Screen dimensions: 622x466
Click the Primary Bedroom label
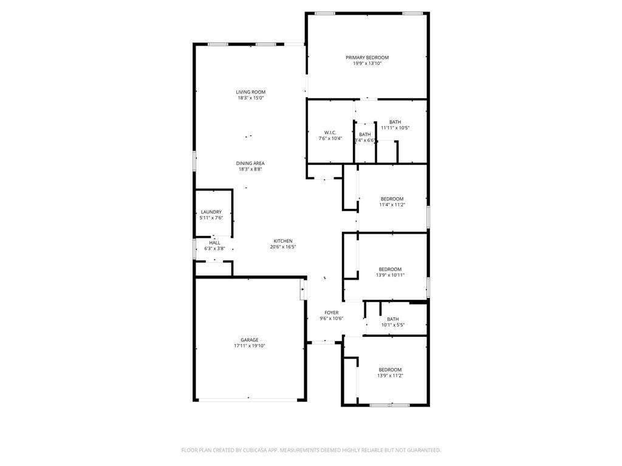coord(367,58)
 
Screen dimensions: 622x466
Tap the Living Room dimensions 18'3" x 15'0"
coord(251,98)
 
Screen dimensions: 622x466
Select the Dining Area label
coord(250,163)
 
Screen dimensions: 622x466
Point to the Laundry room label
coord(211,212)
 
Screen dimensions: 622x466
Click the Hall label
coord(214,243)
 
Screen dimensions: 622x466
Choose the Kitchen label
coord(283,241)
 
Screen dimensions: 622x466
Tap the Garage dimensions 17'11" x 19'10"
coord(250,346)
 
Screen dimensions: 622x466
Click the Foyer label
coord(332,312)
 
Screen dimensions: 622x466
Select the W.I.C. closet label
coord(330,133)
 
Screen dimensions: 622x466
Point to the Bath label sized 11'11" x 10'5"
coord(395,122)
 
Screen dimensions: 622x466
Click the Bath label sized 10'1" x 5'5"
coord(393,319)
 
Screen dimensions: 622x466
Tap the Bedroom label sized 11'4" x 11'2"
coord(392,199)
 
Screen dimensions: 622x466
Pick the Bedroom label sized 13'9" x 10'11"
coord(391,269)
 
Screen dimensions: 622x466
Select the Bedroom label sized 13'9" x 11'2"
coord(391,370)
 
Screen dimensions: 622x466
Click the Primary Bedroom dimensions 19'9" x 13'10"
coord(367,63)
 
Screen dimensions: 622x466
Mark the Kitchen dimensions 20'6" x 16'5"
coord(283,247)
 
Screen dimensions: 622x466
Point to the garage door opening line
coord(248,400)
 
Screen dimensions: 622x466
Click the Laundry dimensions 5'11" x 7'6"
coord(211,218)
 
